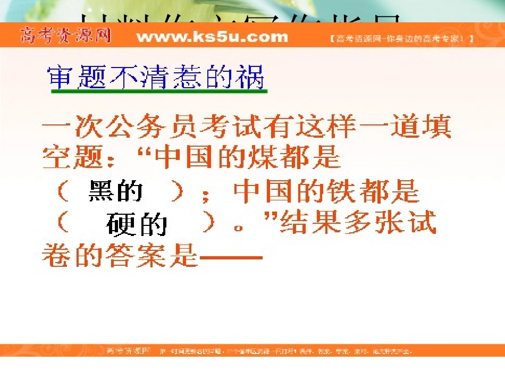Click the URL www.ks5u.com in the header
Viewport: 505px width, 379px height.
click(212, 37)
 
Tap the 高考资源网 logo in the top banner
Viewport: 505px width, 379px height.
click(66, 36)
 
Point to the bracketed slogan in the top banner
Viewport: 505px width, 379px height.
click(401, 39)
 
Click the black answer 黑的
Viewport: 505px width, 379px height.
click(115, 191)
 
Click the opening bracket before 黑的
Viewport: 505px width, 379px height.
click(62, 191)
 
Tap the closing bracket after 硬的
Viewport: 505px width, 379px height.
click(212, 224)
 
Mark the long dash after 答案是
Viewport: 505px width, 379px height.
click(232, 257)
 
